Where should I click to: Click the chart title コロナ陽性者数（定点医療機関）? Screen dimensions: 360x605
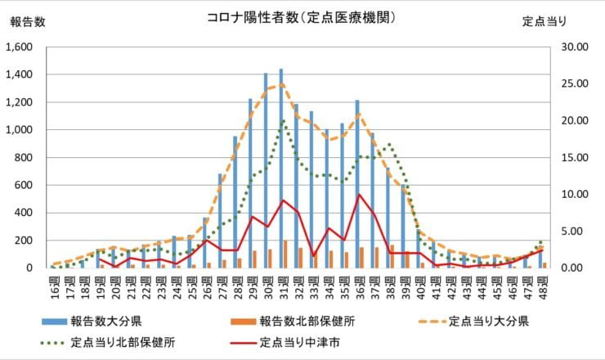click(302, 17)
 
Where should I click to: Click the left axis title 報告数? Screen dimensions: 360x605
click(28, 22)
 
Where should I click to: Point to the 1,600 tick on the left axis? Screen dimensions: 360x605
click(22, 47)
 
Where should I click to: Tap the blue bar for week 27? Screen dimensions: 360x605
click(220, 221)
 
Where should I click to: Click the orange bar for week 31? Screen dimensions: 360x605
click(285, 254)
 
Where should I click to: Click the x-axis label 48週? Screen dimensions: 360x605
click(542, 286)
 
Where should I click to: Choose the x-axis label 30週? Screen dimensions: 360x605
click(267, 286)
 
